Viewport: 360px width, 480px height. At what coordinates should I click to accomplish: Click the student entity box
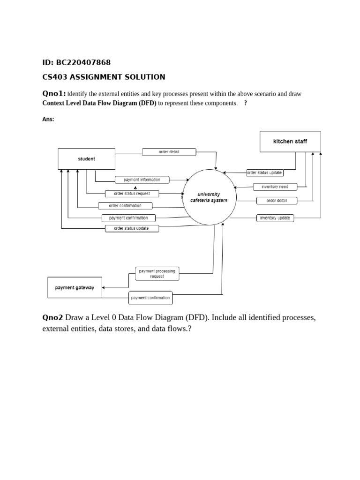click(x=86, y=159)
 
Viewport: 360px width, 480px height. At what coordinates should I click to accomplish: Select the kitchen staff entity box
click(x=290, y=141)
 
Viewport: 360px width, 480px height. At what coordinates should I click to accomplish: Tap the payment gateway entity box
click(x=75, y=287)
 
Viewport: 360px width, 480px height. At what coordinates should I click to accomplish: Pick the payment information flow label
click(x=142, y=180)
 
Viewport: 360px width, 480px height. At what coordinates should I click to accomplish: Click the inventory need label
click(x=275, y=187)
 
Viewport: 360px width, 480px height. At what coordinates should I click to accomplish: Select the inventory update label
click(x=275, y=218)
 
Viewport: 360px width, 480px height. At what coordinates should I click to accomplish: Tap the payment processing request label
click(x=157, y=274)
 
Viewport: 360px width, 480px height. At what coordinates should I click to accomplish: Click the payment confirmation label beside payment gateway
click(x=150, y=298)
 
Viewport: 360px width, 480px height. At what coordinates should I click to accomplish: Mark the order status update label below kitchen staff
click(x=265, y=172)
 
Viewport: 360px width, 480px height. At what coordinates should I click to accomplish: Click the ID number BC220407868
click(x=83, y=62)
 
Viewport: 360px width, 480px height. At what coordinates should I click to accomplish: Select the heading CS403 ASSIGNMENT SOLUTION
click(x=104, y=77)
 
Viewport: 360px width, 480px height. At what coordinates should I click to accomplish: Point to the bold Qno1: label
click(x=54, y=94)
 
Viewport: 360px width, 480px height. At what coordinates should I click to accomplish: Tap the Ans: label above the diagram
click(x=48, y=119)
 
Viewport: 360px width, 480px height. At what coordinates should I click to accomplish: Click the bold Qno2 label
click(x=52, y=318)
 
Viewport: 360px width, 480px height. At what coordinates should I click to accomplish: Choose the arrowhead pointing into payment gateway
click(x=104, y=287)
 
